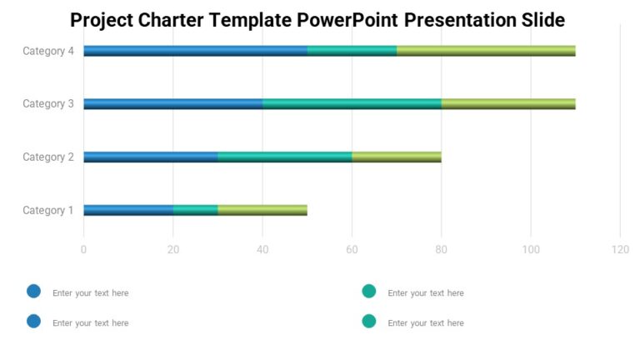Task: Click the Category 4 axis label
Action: tap(48, 51)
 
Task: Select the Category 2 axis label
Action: tap(48, 157)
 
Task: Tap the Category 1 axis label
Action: tap(48, 210)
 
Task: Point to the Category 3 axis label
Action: tap(48, 103)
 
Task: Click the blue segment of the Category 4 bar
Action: tap(195, 51)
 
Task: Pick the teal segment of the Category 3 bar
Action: tap(352, 103)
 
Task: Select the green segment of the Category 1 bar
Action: tap(262, 210)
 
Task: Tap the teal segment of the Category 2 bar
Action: tap(284, 157)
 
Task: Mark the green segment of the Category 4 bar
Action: tap(486, 51)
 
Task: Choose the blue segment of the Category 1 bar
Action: tap(128, 210)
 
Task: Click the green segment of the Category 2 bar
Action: tap(397, 157)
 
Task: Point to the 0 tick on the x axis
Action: tap(83, 249)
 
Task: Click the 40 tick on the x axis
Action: tap(262, 249)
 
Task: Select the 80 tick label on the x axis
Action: tap(442, 249)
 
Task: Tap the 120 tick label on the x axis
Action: tap(620, 249)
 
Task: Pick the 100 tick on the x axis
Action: tap(531, 249)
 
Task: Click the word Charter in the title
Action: tap(164, 20)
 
